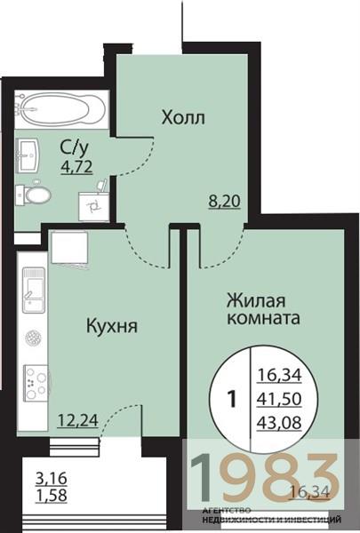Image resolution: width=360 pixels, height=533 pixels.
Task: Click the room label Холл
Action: pos(184,116)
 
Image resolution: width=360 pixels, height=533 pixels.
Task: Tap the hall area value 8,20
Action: pos(223,202)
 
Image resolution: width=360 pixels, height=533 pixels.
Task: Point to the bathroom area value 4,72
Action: pos(76,164)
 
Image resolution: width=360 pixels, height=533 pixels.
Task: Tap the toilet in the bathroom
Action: pos(36,193)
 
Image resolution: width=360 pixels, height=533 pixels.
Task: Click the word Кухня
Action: pos(111,326)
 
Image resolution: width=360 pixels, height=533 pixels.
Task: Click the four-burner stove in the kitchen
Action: pos(34,384)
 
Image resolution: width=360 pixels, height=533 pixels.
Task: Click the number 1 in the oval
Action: pos(233,399)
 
